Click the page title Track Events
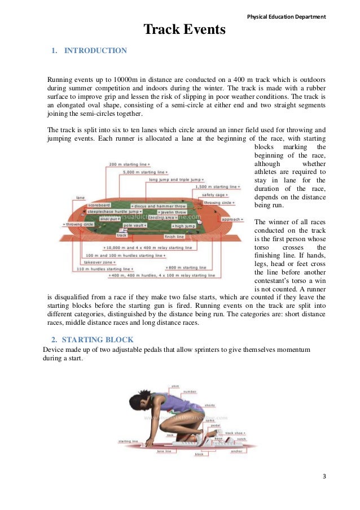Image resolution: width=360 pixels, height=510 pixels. [x=184, y=29]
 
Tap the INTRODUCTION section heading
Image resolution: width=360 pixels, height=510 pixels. [x=95, y=51]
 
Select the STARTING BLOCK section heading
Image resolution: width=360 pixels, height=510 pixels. [x=97, y=339]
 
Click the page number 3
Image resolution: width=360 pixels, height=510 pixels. [x=324, y=476]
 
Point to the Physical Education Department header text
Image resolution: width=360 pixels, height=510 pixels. [x=287, y=16]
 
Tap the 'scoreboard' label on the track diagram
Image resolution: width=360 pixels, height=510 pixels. [x=99, y=205]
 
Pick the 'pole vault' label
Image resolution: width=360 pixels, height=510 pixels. [x=135, y=225]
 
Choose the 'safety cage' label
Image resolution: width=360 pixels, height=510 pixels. [x=213, y=195]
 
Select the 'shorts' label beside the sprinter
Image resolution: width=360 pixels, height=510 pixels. [x=210, y=405]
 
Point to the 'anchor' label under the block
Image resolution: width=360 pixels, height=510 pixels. [x=236, y=451]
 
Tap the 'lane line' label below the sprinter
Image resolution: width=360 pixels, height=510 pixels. [x=164, y=451]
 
